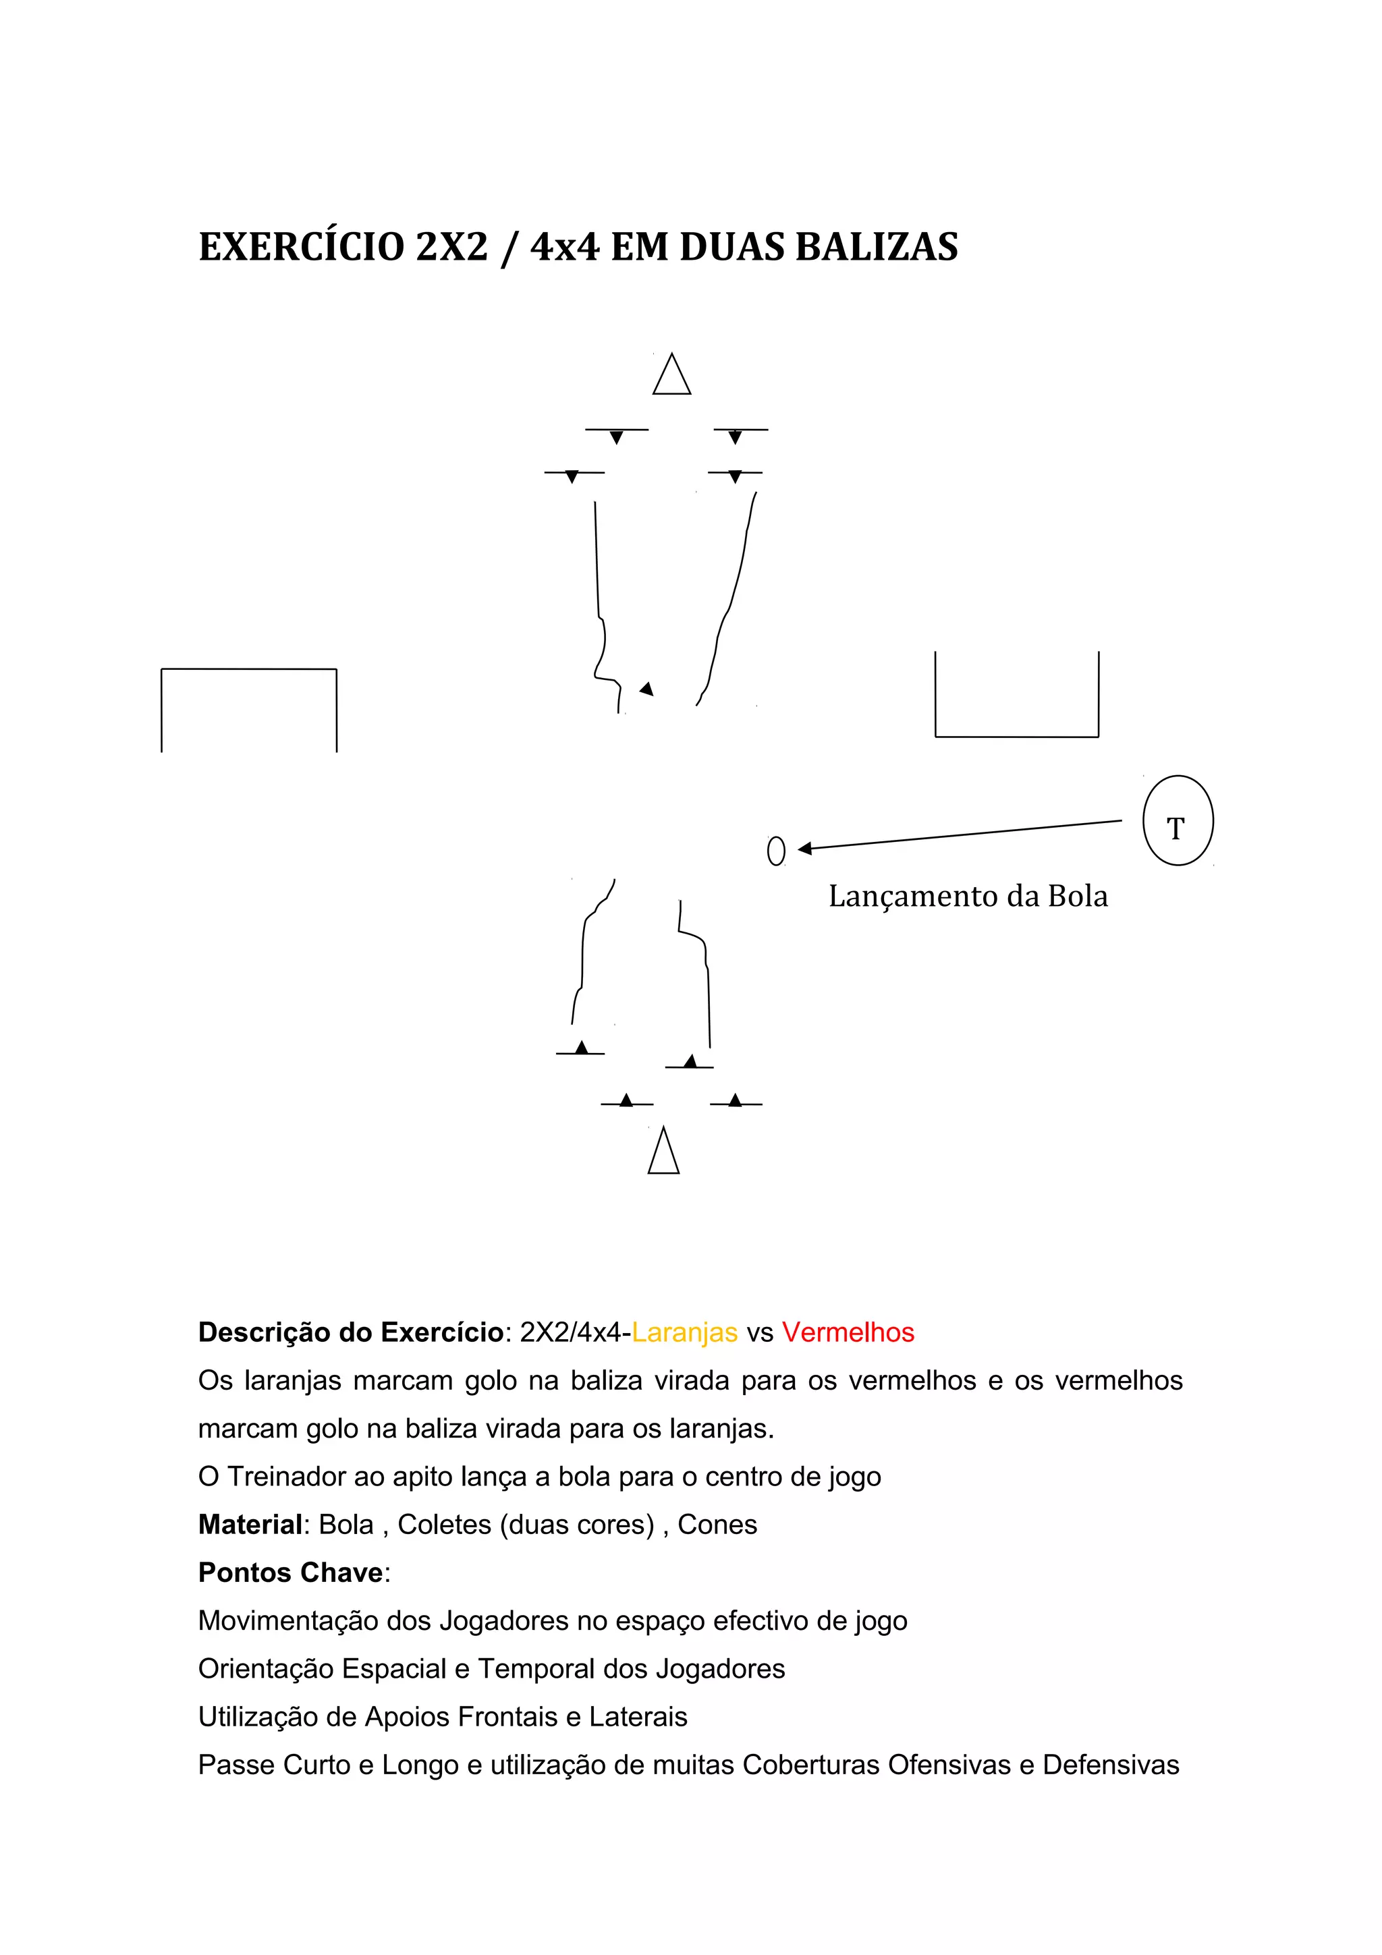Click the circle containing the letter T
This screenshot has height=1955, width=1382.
[x=1177, y=821]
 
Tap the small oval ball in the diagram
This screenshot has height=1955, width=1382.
[x=776, y=851]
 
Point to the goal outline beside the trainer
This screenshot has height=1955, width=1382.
[x=1017, y=696]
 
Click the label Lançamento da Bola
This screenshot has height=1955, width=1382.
[x=968, y=897]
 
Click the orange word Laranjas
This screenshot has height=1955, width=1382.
[x=685, y=1332]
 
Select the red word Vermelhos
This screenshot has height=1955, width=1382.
[x=848, y=1332]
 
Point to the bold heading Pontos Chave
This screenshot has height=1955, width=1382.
[x=290, y=1572]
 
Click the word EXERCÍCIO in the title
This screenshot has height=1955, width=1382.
[x=302, y=247]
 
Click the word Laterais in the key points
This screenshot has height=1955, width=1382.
[x=638, y=1717]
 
